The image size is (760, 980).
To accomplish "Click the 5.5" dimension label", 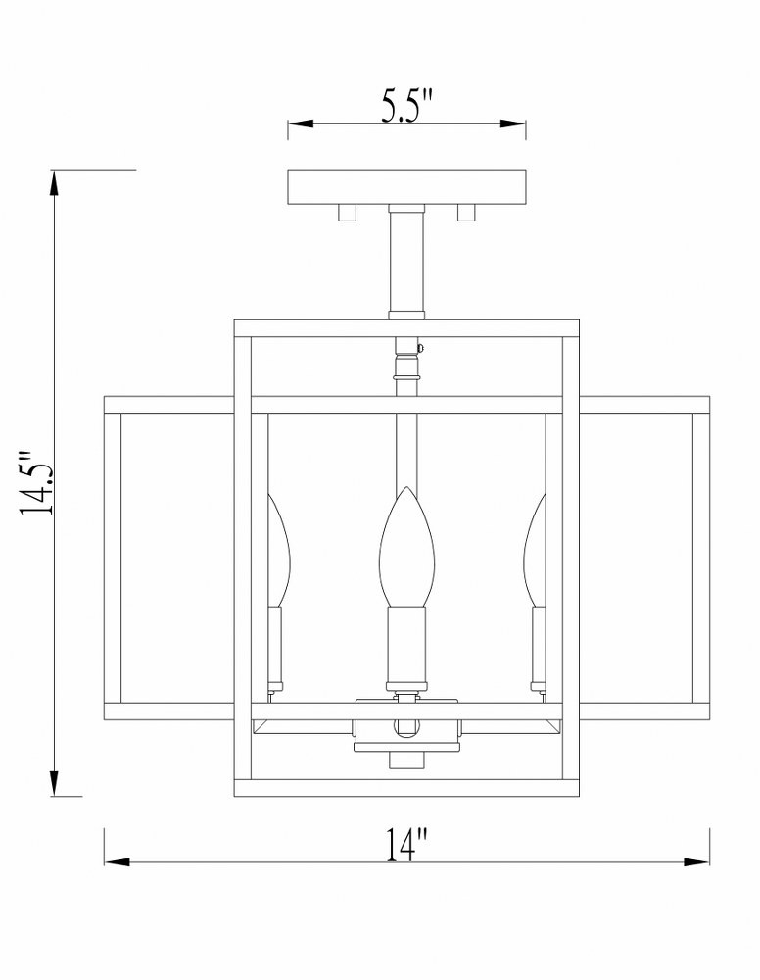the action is (407, 105).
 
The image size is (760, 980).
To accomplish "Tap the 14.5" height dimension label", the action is (36, 482).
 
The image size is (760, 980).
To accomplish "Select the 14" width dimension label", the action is (407, 845).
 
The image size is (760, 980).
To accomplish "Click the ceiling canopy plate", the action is (406, 187).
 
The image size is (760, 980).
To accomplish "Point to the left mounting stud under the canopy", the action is (347, 213).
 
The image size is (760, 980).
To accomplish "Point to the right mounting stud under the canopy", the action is (466, 213).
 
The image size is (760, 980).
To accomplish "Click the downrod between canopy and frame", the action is (406, 262).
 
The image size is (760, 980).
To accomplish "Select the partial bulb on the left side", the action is (279, 550).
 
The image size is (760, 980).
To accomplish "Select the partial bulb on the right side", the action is (535, 550).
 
